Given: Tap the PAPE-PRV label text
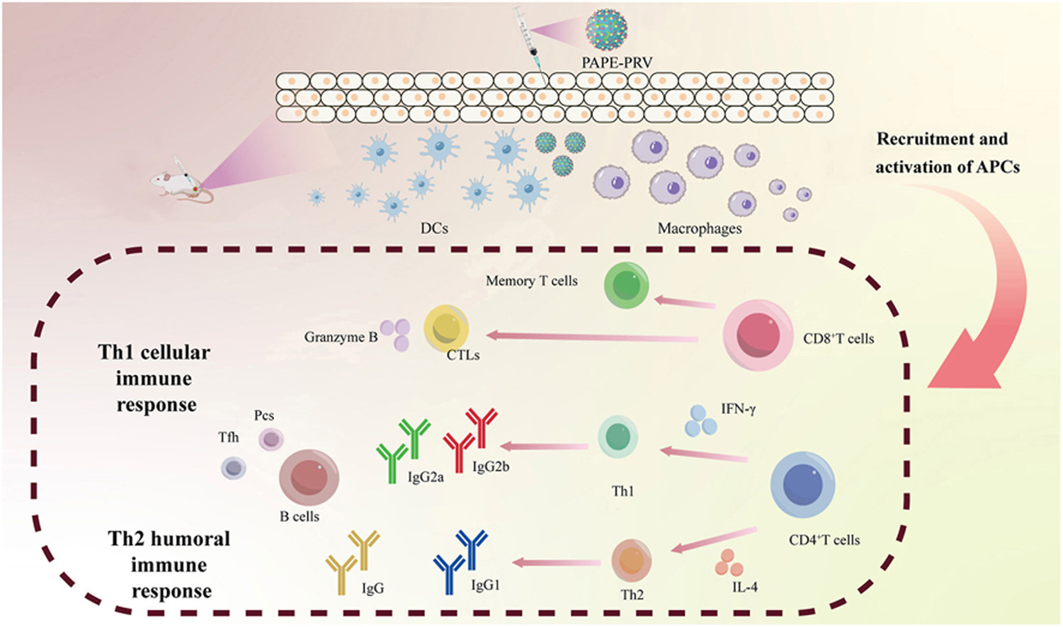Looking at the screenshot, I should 616,63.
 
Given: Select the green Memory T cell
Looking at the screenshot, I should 627,285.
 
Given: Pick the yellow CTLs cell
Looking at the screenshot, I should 446,328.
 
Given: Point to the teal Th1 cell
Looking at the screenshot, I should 618,437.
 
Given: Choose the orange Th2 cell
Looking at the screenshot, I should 631,560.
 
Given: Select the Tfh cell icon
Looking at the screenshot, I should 234,467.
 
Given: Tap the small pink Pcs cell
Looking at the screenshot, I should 271,439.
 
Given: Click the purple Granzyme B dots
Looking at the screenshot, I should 395,333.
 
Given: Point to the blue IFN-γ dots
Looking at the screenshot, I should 700,420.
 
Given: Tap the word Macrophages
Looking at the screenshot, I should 700,229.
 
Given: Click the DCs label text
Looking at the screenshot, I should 434,228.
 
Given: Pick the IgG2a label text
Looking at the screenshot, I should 426,477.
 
